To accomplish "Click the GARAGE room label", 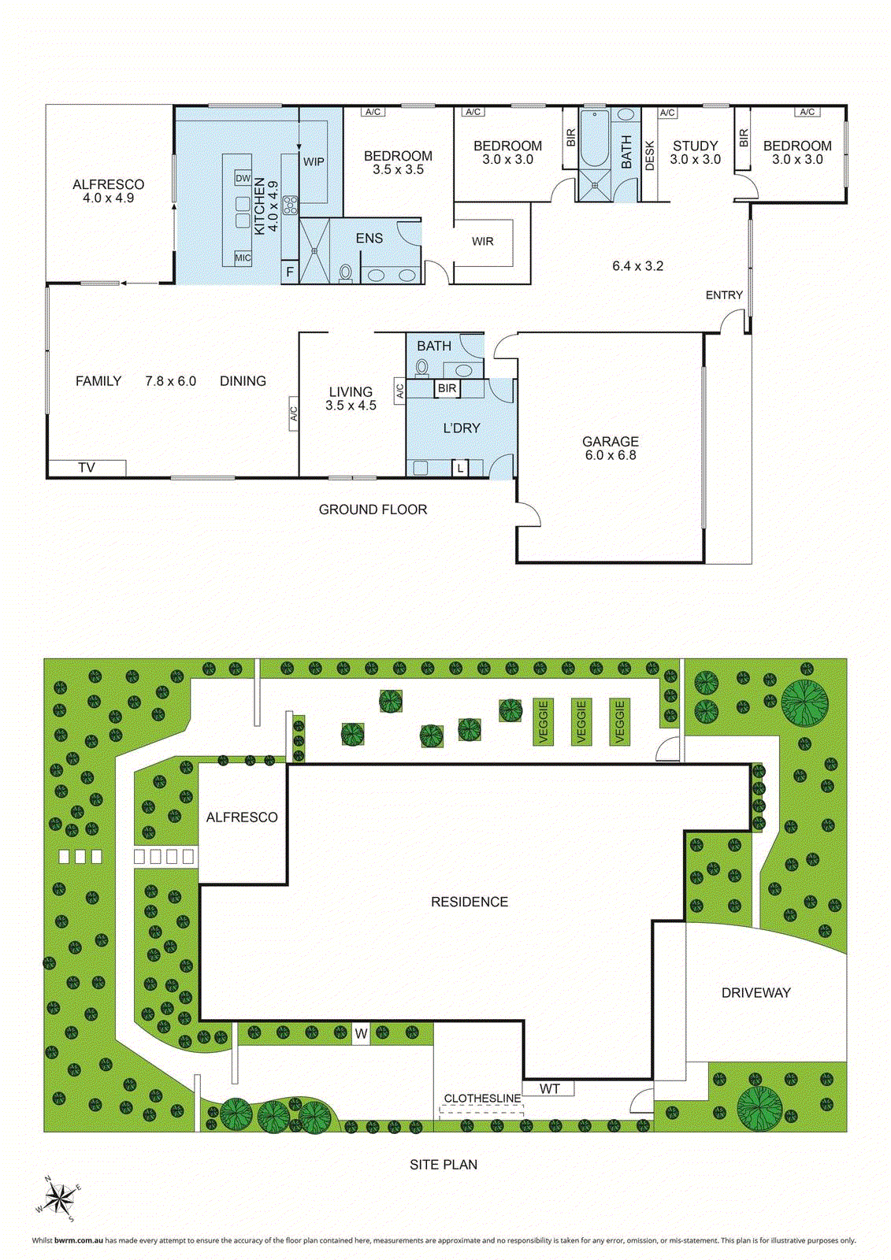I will click(x=610, y=442).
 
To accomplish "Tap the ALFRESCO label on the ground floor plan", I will click(x=109, y=184).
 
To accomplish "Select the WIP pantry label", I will click(x=314, y=161).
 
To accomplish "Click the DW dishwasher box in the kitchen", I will click(x=243, y=179).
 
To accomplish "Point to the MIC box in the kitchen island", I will click(x=243, y=258).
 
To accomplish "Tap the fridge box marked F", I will click(x=290, y=272).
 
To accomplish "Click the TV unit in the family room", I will click(x=87, y=468).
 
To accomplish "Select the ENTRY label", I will click(x=724, y=295).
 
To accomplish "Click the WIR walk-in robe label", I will click(x=483, y=242).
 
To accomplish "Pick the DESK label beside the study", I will click(x=650, y=155).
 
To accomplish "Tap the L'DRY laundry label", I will click(x=462, y=428).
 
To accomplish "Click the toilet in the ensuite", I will click(x=345, y=272).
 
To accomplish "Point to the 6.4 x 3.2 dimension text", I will click(x=638, y=266).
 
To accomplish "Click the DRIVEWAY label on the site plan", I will click(x=755, y=993).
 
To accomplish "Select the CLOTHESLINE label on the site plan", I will click(x=482, y=1099).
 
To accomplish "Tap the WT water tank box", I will click(x=550, y=1089).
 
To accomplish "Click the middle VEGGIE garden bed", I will click(x=581, y=722).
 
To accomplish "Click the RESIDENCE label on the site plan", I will click(x=470, y=902).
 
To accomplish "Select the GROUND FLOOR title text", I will click(x=373, y=510).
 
